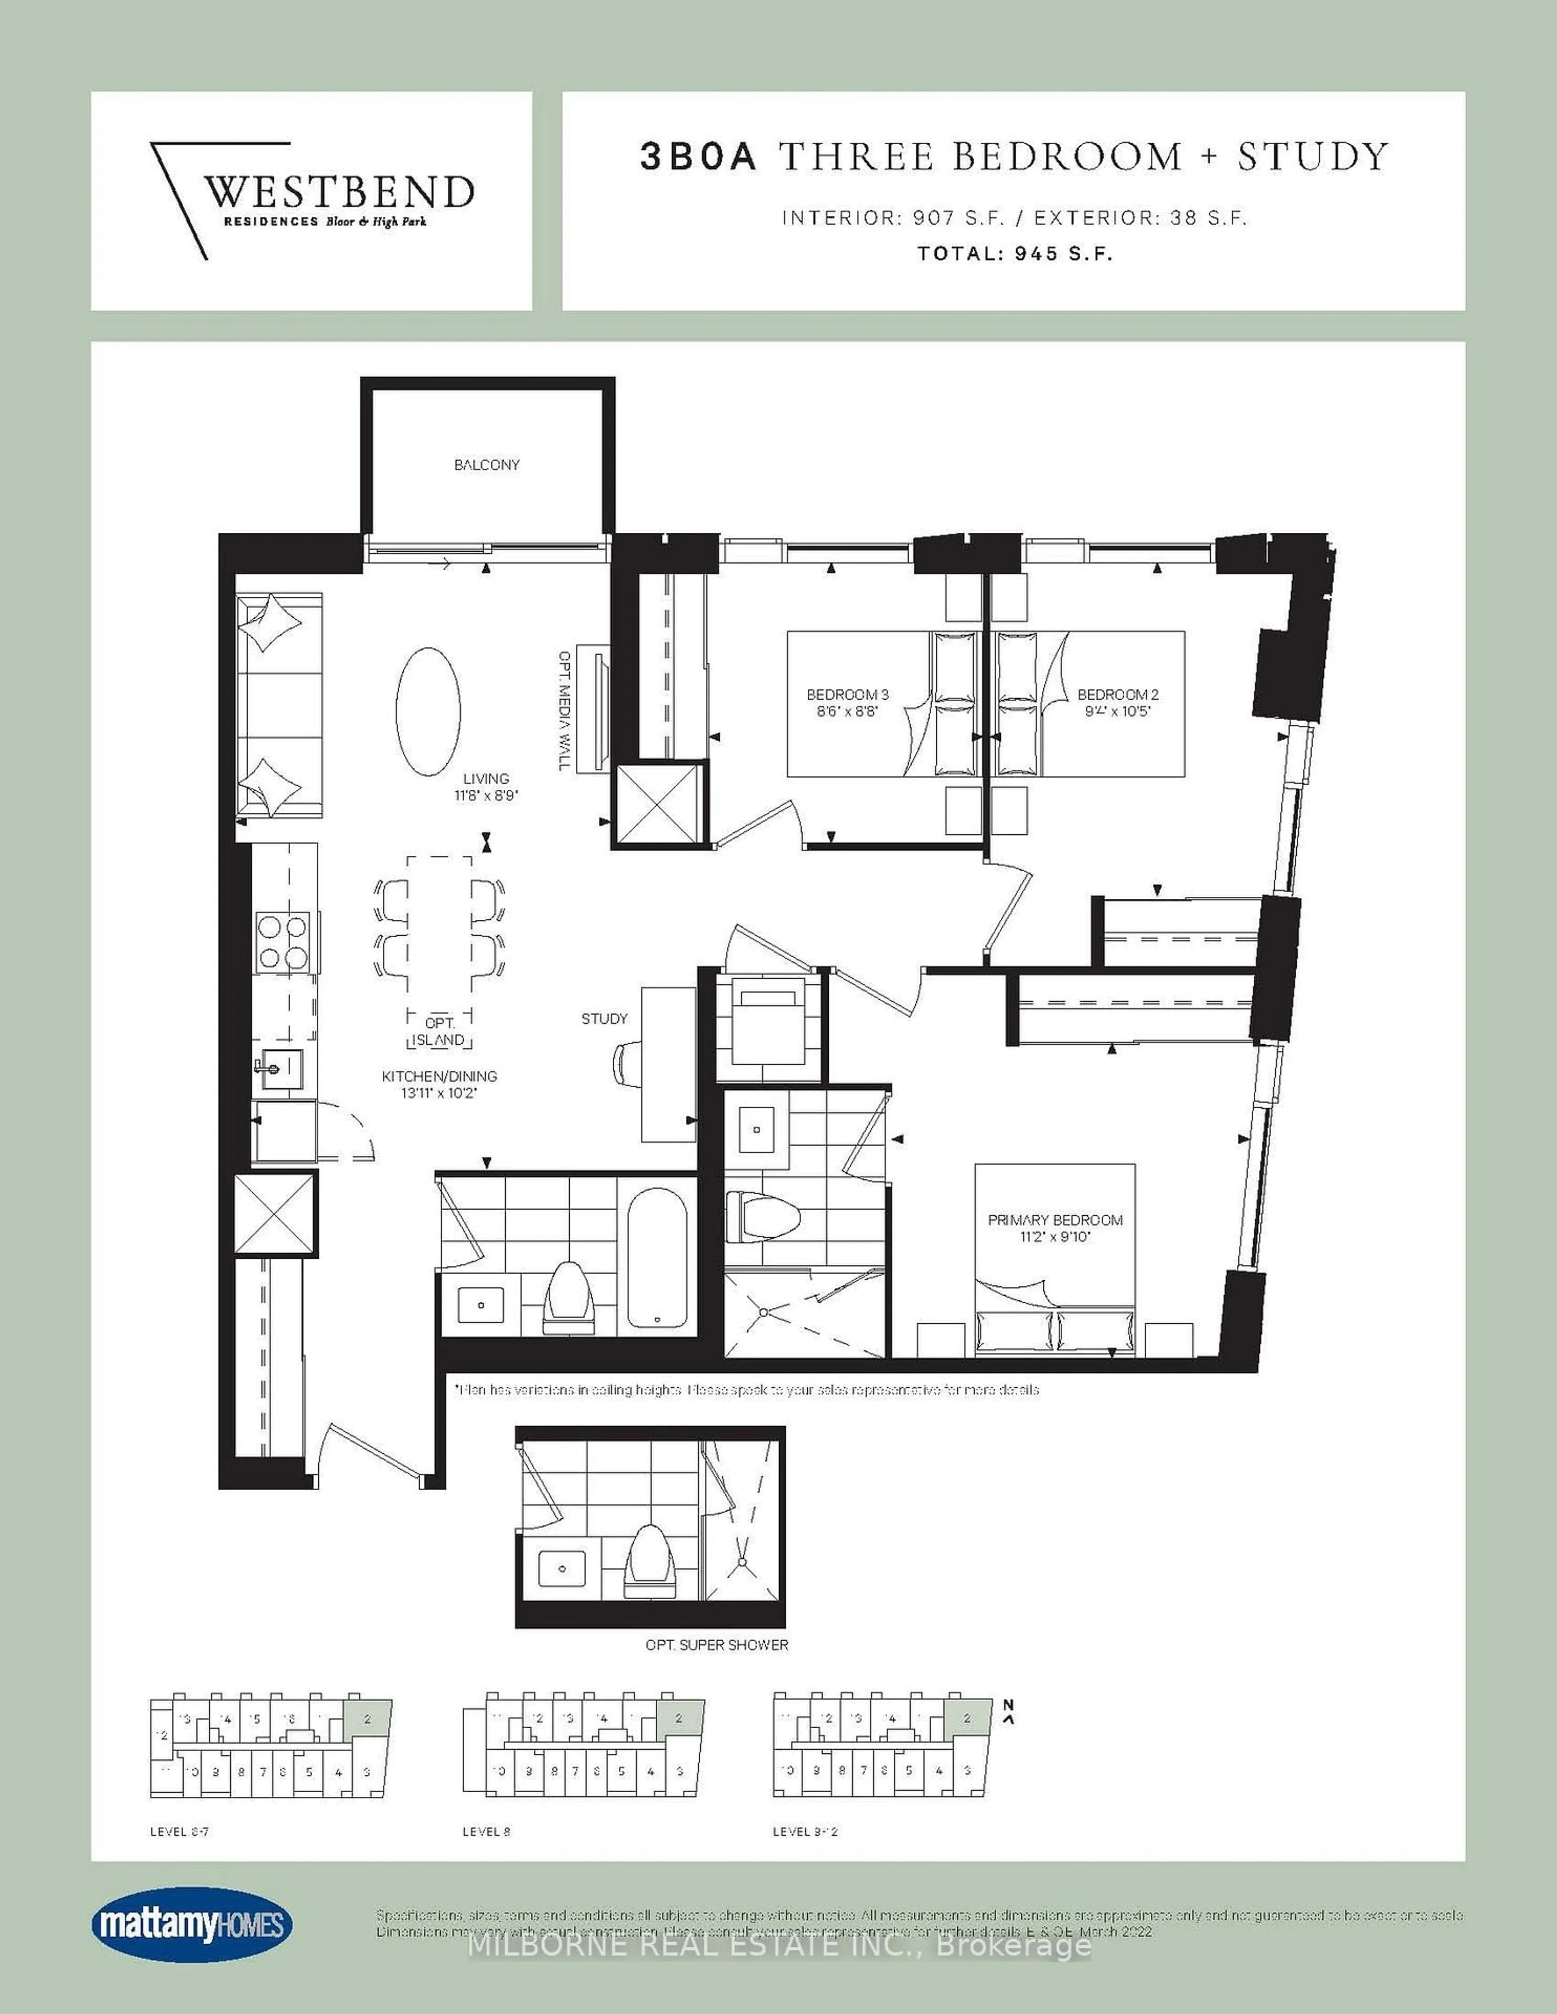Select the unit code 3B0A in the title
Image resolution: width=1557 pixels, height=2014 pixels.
[x=698, y=157]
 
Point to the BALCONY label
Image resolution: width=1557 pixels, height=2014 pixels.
[x=486, y=465]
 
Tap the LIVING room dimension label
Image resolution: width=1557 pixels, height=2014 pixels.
[x=486, y=786]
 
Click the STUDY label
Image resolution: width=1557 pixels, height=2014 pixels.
[x=604, y=1018]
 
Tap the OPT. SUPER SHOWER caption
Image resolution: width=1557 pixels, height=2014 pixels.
[x=717, y=1644]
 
